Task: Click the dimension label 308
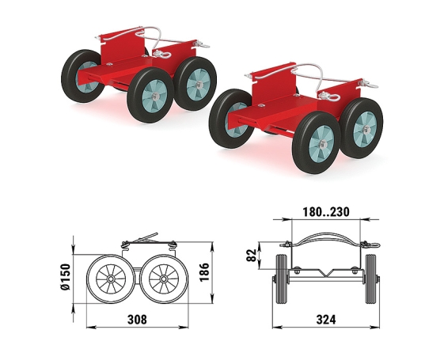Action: pyautogui.click(x=138, y=320)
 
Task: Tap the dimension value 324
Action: pyautogui.click(x=326, y=320)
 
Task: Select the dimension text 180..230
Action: pyautogui.click(x=326, y=212)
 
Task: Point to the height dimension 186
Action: pyautogui.click(x=204, y=272)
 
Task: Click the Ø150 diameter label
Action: pyautogui.click(x=66, y=277)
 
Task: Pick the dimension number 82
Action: pyautogui.click(x=252, y=255)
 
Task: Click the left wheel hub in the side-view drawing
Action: pyautogui.click(x=111, y=279)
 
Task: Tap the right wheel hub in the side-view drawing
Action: pyautogui.click(x=163, y=279)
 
